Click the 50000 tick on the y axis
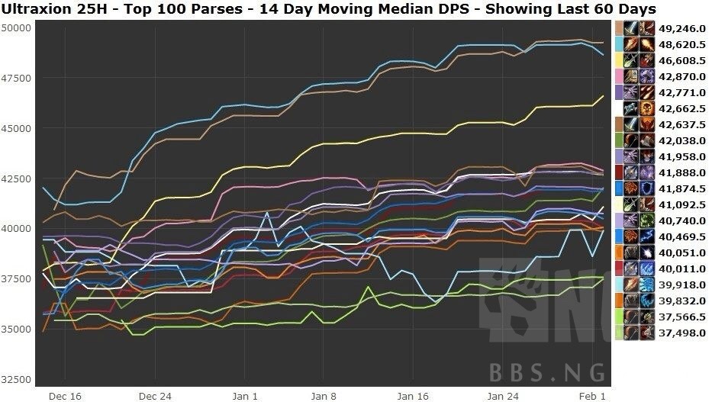[16, 27]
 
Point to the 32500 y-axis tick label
[16, 379]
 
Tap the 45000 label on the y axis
[16, 128]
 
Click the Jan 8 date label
[324, 396]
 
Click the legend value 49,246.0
[682, 29]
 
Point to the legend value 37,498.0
[682, 333]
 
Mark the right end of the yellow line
[604, 95]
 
